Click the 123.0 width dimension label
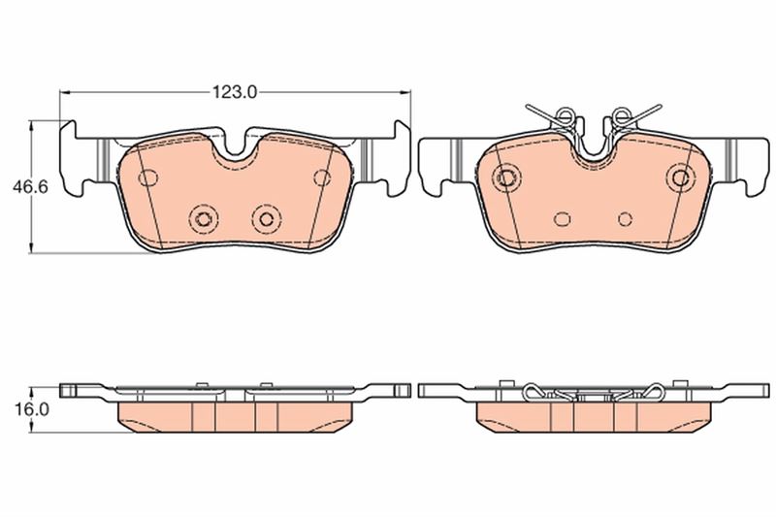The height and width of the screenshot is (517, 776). [x=234, y=92]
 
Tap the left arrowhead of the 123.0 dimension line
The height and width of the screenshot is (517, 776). [x=65, y=92]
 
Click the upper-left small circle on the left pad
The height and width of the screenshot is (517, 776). [x=148, y=178]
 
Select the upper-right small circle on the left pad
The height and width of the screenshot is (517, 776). [x=323, y=178]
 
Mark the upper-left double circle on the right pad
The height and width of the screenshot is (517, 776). [x=506, y=177]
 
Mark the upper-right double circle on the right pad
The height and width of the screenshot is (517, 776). [x=681, y=177]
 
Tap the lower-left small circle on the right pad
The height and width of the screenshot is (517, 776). [x=561, y=219]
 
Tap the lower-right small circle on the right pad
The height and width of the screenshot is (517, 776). [x=626, y=219]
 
